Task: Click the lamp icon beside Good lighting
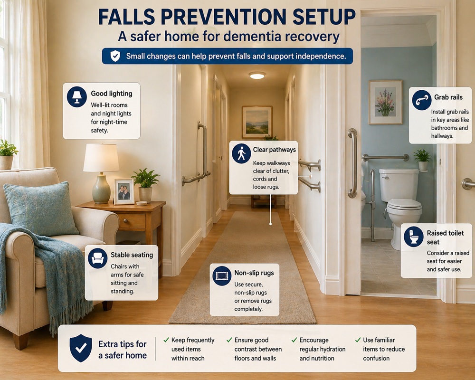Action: pos(77,96)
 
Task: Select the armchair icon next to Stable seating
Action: pos(97,258)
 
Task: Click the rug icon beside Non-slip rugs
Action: pos(222,276)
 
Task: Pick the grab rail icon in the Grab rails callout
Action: pos(422,100)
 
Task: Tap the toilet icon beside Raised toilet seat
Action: pos(414,236)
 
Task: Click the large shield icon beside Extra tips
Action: pos(80,348)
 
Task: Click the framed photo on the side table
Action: pos(124,191)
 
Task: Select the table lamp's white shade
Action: pos(101,158)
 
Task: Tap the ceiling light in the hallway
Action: pos(257,76)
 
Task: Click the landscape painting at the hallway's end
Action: pos(256,122)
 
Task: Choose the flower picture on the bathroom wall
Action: pos(385,102)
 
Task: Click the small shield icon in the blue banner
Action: pos(115,56)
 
